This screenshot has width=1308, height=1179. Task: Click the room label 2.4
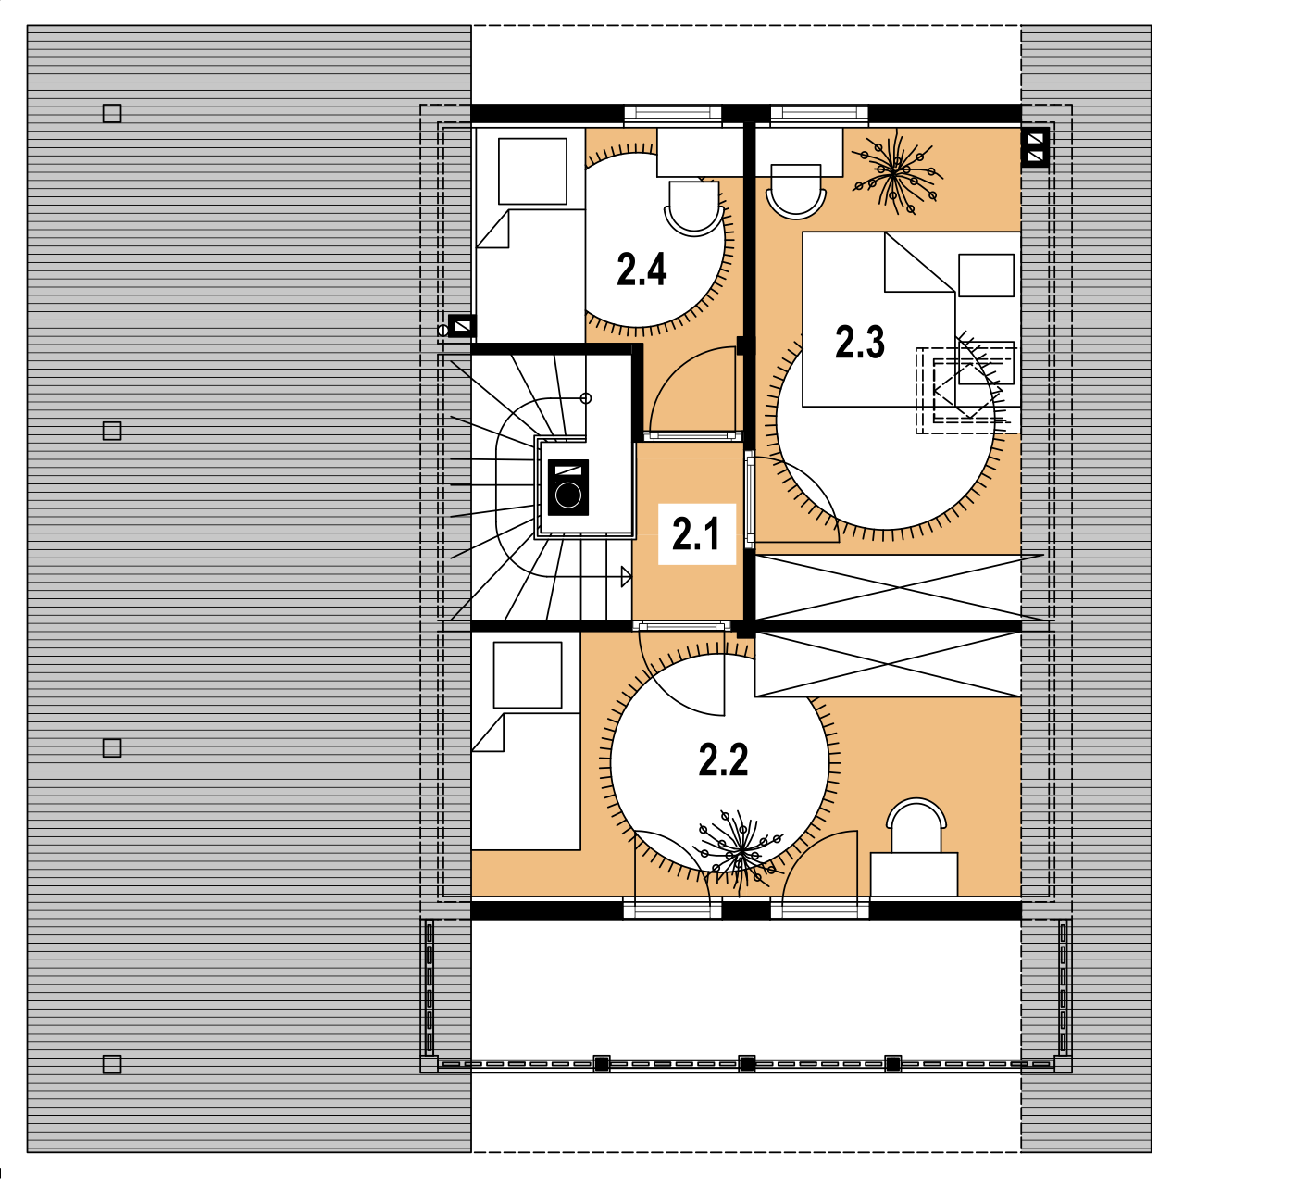pos(642,270)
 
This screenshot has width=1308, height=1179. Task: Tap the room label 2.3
pos(859,342)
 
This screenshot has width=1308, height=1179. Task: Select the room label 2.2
pos(723,760)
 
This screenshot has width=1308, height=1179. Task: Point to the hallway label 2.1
pos(696,533)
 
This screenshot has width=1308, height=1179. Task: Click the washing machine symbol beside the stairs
pos(568,487)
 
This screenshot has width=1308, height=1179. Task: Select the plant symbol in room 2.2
pos(740,850)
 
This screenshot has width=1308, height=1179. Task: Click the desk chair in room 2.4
pos(693,208)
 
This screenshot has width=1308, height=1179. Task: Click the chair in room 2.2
pos(916,825)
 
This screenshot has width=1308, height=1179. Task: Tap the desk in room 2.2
pos(914,874)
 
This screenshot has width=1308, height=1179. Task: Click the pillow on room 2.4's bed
pos(532,171)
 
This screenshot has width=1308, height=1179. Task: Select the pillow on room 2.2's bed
pos(527,674)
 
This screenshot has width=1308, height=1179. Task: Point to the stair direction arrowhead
pos(626,577)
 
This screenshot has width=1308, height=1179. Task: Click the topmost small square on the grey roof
pos(112,114)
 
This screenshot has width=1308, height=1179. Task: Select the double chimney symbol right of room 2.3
pos(1035,147)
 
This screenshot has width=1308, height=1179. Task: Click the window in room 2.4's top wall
pos(672,115)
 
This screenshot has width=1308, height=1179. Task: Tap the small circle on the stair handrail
pos(586,398)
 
